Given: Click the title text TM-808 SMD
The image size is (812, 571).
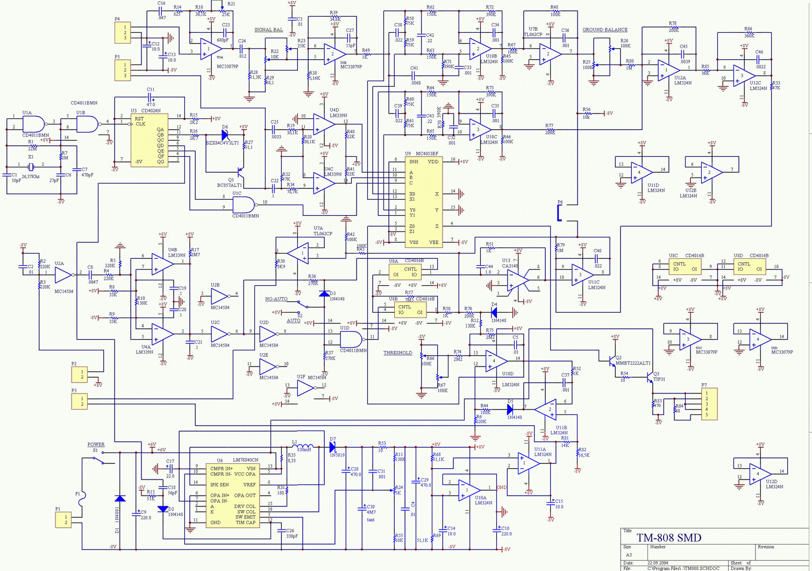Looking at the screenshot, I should point(669,538).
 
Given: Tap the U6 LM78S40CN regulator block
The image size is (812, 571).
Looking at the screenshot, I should point(233,495).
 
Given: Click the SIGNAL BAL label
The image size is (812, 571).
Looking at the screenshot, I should point(268,30).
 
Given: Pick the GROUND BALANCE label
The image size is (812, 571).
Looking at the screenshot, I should point(605,30).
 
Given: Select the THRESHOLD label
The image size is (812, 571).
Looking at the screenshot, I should point(397,353).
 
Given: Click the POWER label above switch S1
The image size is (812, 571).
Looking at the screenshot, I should point(96,445).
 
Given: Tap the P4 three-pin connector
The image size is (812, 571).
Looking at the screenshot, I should point(123,32).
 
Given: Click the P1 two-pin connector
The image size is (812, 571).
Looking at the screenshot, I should point(63,519).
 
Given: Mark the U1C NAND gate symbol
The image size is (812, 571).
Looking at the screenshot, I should point(244,205).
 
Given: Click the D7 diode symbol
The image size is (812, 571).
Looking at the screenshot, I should point(332,447).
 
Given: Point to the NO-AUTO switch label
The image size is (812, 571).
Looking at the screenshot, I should point(276,299).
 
